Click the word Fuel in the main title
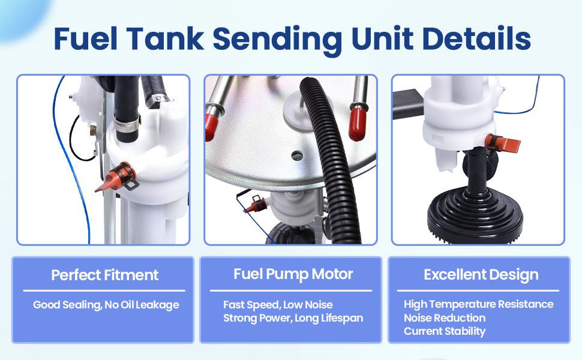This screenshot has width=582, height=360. [85, 38]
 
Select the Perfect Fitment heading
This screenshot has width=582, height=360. [104, 275]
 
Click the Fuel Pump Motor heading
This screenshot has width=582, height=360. [293, 274]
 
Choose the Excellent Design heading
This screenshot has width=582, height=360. [481, 275]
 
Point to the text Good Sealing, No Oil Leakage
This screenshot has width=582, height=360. [106, 305]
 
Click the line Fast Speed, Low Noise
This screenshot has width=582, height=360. [278, 305]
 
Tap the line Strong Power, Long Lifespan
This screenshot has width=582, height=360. [293, 319]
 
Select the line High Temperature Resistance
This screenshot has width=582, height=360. [478, 304]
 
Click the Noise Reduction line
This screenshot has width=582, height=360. [445, 318]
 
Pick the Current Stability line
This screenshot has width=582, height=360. [445, 331]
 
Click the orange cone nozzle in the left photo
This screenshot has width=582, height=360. [116, 178]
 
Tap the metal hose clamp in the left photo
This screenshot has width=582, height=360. [127, 123]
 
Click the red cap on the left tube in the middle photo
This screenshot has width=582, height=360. [212, 127]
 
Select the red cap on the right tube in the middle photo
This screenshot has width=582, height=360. [358, 124]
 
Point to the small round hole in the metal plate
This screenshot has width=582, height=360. [296, 156]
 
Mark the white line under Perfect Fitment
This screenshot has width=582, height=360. [104, 290]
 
